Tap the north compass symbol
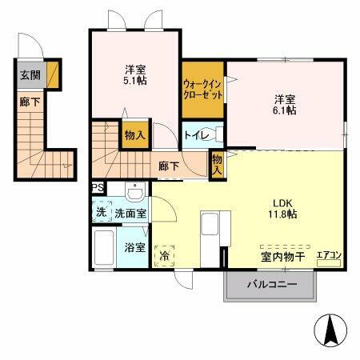(x=330, y=329)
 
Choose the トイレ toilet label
(x=198, y=136)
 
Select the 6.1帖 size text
(x=286, y=110)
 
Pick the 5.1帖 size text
(x=134, y=80)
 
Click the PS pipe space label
(x=97, y=188)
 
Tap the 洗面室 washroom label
(x=130, y=214)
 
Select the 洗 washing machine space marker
(x=101, y=214)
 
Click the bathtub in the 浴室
(x=105, y=251)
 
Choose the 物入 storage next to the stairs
(x=134, y=135)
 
